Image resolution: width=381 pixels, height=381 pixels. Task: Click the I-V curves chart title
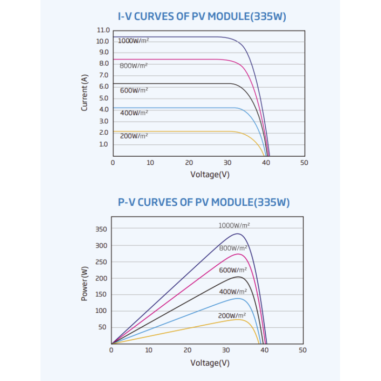[202, 17]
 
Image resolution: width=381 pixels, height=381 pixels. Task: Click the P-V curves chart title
[204, 202]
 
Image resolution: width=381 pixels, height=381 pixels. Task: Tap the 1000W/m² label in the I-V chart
[133, 40]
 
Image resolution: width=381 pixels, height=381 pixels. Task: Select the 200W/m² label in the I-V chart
[134, 136]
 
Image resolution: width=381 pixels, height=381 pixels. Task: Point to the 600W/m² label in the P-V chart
[233, 271]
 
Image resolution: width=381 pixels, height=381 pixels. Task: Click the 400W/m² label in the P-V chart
[233, 291]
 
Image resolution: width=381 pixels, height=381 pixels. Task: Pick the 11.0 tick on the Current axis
[103, 30]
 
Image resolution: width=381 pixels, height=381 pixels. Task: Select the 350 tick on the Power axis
[101, 229]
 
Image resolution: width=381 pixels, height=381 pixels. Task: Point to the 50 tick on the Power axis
[102, 327]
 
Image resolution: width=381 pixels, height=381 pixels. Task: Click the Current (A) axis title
[85, 92]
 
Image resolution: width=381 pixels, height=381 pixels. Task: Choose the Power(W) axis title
[85, 283]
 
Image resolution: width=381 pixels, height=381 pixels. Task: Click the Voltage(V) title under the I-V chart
[210, 174]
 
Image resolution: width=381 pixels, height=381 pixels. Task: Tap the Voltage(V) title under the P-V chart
[210, 363]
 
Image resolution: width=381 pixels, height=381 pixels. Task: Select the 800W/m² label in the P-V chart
[233, 248]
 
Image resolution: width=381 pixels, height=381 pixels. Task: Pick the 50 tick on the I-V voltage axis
[304, 162]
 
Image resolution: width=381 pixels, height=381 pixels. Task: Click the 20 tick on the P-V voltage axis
[188, 350]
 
